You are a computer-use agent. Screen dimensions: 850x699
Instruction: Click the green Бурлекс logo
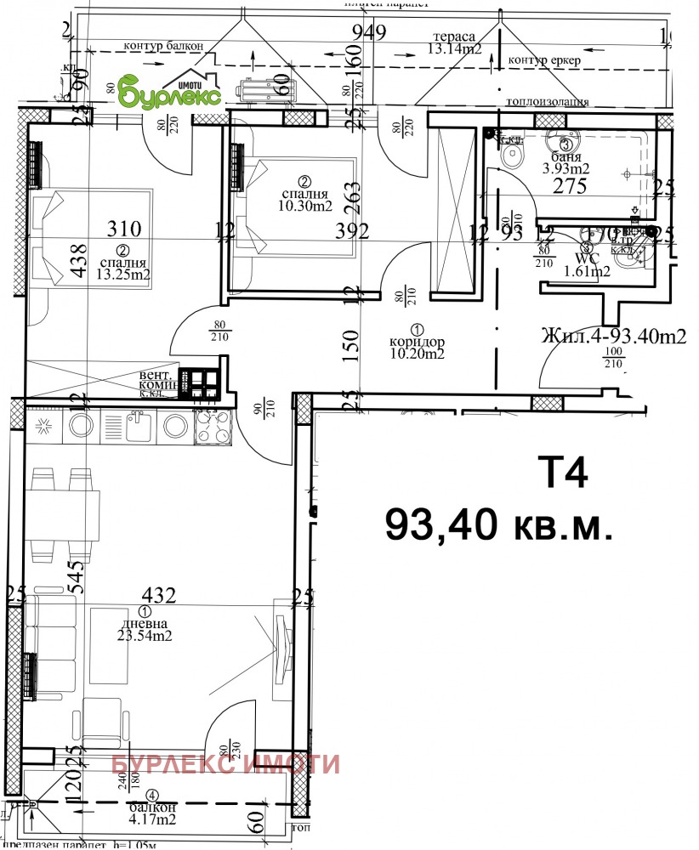tap(170, 91)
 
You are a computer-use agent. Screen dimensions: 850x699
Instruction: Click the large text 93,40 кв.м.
tap(498, 524)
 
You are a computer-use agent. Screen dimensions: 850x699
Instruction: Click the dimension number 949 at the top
tap(370, 33)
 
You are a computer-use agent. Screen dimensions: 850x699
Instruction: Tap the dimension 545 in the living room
tap(76, 578)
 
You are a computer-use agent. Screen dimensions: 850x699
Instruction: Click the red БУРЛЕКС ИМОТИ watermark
tap(226, 764)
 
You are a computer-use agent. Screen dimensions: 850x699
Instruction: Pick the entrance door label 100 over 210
tap(612, 360)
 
